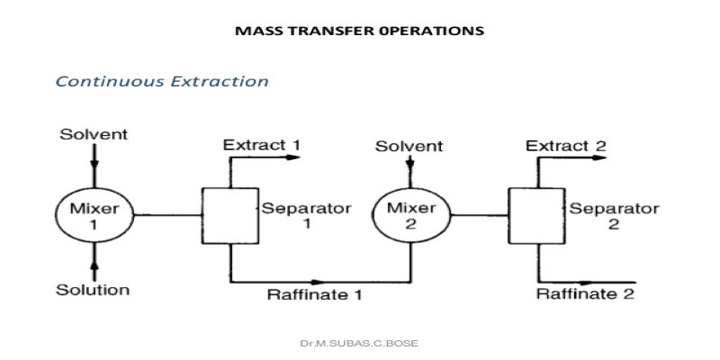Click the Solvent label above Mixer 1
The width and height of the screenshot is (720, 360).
coord(94,134)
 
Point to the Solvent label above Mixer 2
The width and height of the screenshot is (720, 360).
coord(409,147)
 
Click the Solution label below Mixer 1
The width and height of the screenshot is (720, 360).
coord(93,290)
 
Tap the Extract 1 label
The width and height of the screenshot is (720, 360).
coord(262,145)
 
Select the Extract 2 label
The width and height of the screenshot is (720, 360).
coord(566,146)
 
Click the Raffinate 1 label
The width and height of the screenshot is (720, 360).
coord(314,294)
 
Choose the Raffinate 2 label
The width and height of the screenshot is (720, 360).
coord(586,293)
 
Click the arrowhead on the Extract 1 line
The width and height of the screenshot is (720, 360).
coord(293,157)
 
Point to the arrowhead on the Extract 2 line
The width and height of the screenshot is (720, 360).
coord(598,157)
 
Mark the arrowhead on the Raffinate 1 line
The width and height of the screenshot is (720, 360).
coord(318,282)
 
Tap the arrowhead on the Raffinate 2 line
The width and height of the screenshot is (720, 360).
coord(586,282)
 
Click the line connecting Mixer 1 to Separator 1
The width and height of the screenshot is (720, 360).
coord(167,215)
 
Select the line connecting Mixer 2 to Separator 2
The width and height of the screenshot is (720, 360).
coord(480,215)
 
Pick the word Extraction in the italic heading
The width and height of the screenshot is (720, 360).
coord(220,81)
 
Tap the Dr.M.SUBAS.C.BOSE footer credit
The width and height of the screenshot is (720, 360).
coord(359,343)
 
